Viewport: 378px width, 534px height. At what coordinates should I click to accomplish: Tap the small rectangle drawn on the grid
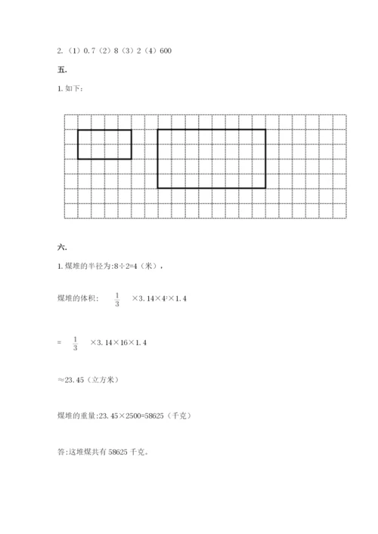click(x=104, y=144)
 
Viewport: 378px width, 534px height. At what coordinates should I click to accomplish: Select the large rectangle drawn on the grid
click(x=212, y=158)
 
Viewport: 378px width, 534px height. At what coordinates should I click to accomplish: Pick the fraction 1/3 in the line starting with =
click(x=76, y=344)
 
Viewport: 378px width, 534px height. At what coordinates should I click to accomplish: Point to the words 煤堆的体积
click(x=74, y=300)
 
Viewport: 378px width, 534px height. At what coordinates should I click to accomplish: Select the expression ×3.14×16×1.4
click(x=118, y=344)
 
